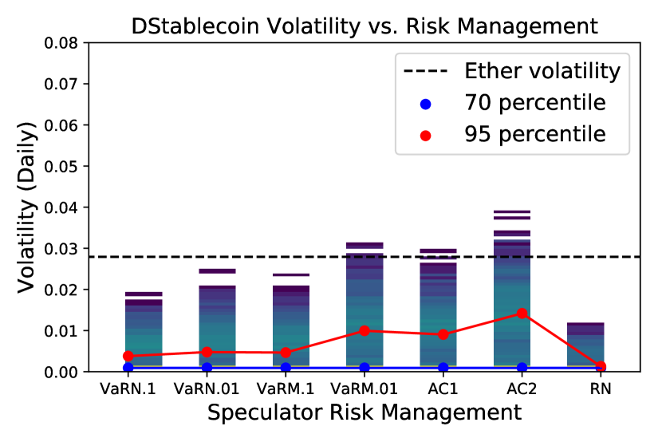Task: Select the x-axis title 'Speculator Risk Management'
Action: click(364, 413)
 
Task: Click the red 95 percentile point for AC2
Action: click(522, 314)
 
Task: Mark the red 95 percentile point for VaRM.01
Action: click(364, 330)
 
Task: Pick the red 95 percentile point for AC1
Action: click(443, 334)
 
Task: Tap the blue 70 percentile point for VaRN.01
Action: click(207, 368)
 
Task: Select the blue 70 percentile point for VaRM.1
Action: click(286, 368)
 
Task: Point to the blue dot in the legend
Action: click(425, 103)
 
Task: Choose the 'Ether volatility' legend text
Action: click(542, 71)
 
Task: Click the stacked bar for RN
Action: click(585, 347)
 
